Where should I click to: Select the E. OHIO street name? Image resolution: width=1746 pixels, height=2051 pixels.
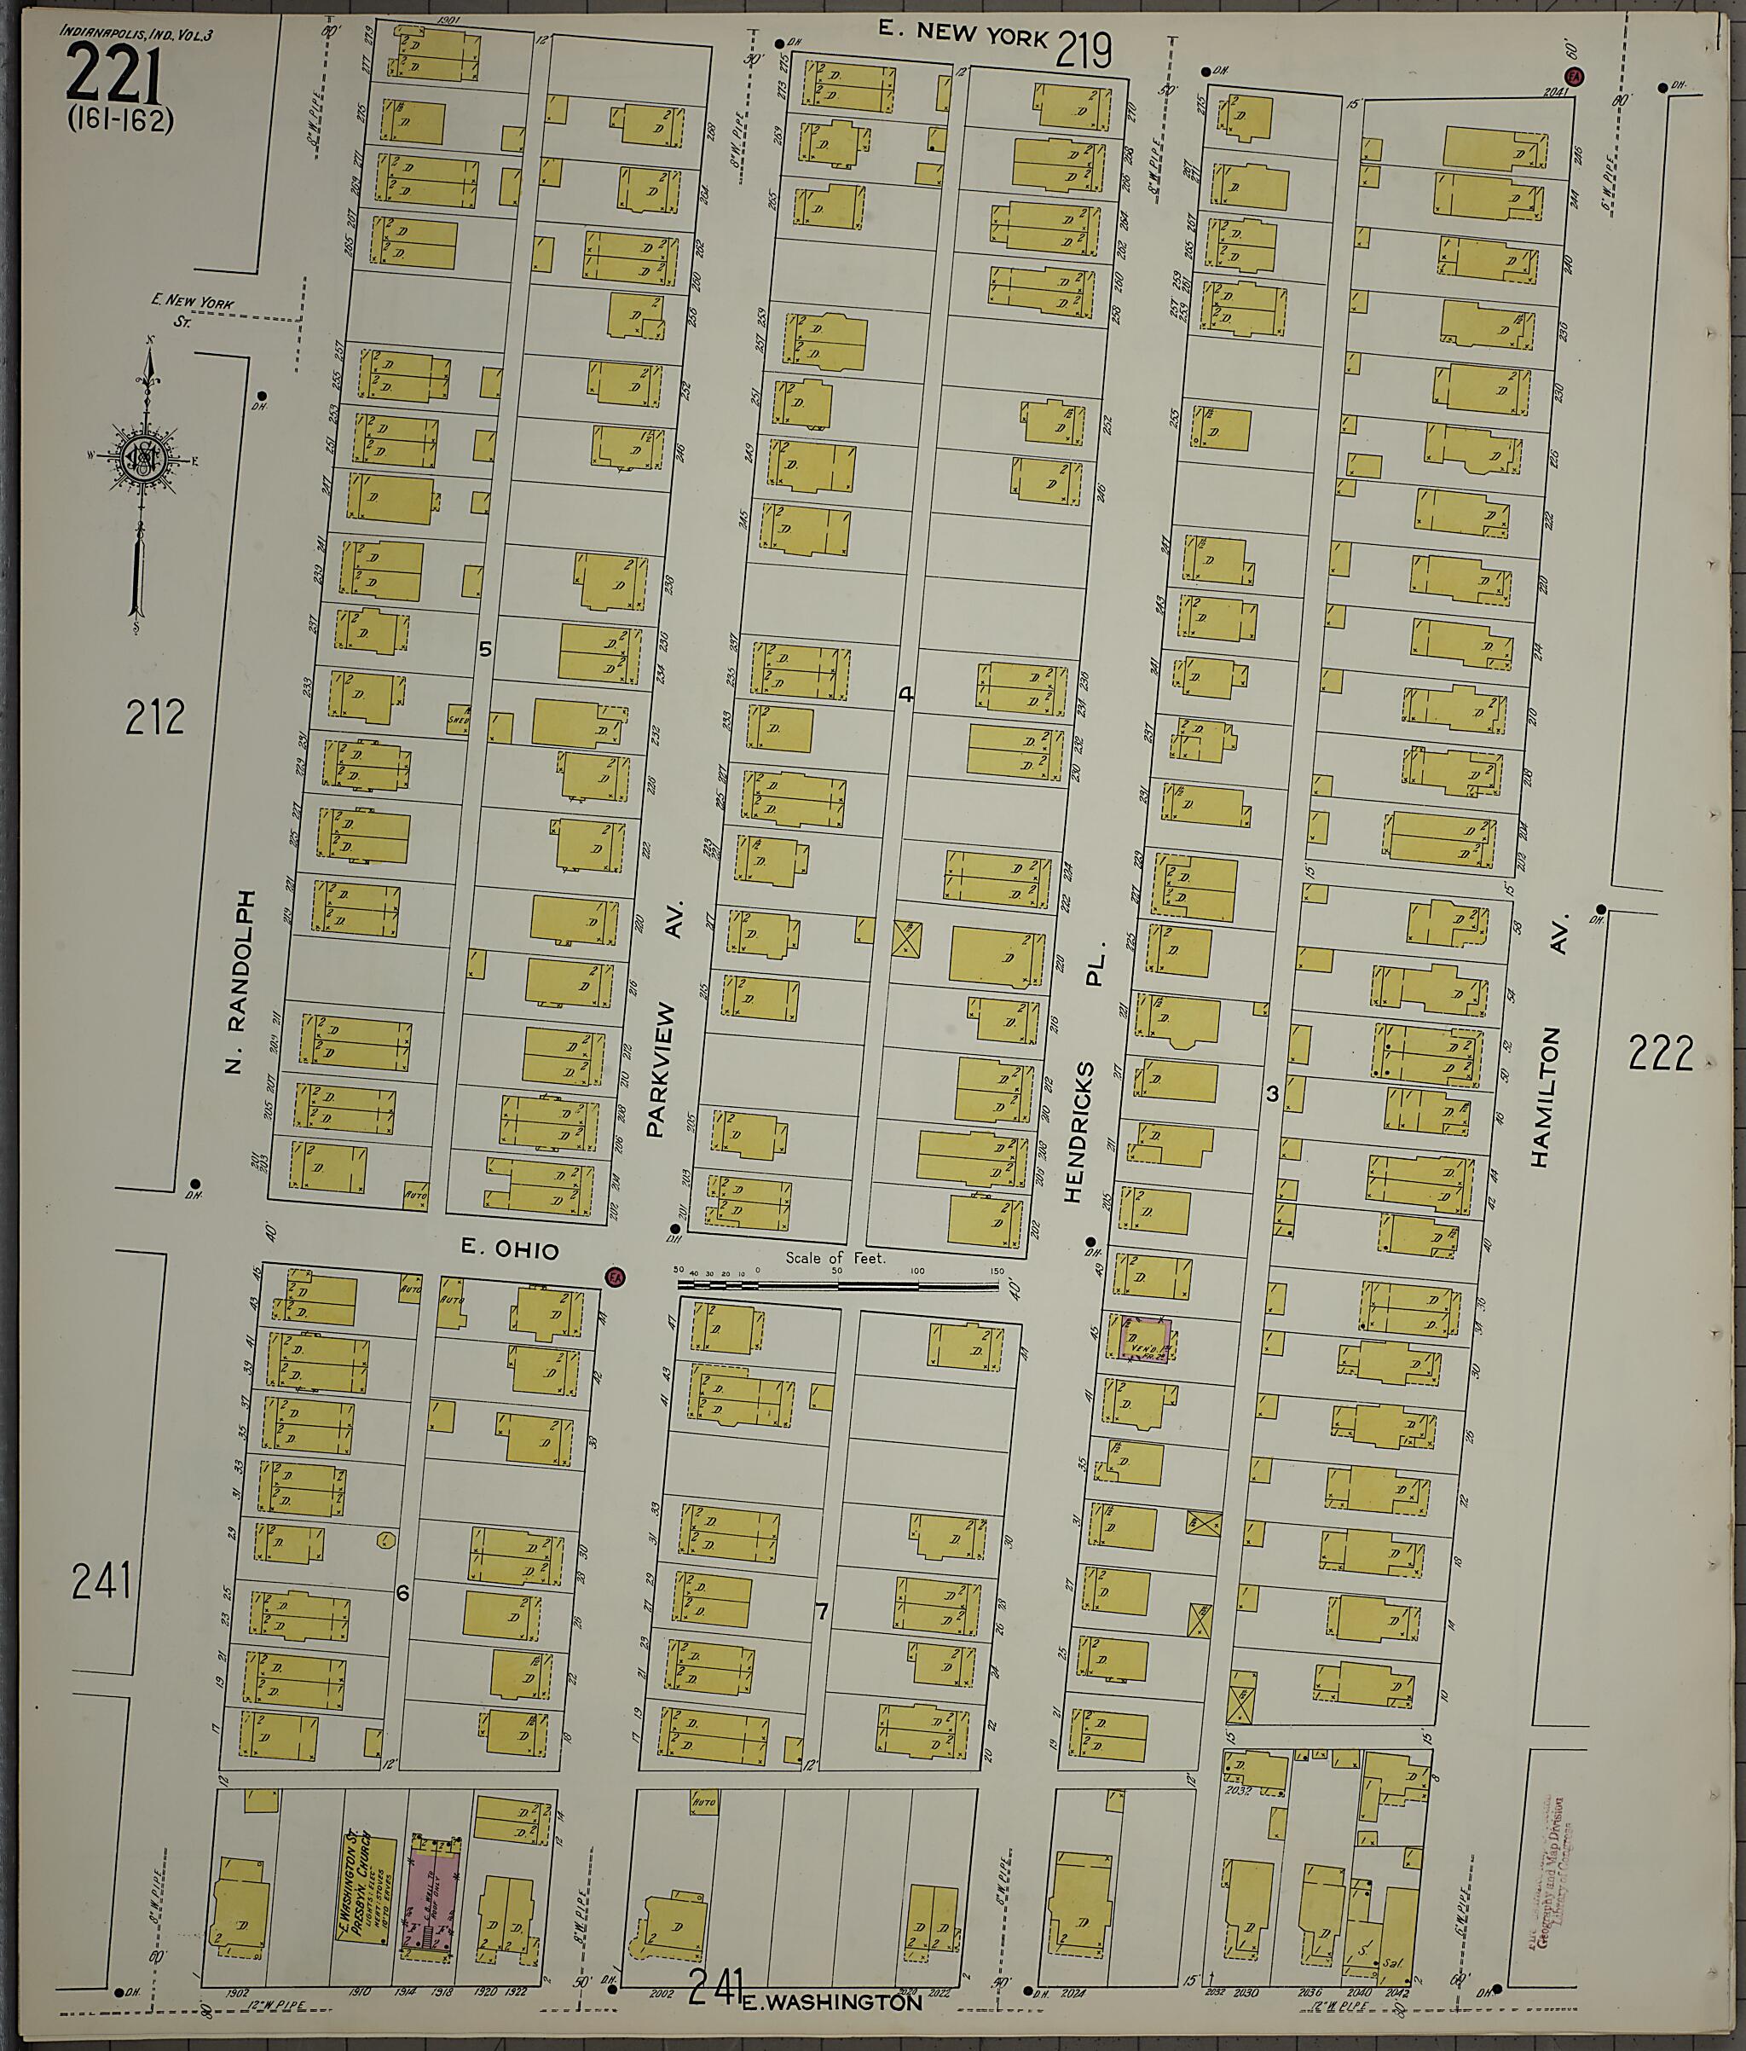pyautogui.click(x=510, y=1250)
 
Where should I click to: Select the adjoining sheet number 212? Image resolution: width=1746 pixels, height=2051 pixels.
pyautogui.click(x=154, y=718)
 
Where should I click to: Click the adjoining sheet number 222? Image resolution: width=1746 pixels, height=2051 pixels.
pyautogui.click(x=1660, y=1054)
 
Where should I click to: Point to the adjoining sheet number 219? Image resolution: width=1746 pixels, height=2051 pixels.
pyautogui.click(x=1084, y=49)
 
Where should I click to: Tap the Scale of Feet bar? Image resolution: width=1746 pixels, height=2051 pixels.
pyautogui.click(x=837, y=1286)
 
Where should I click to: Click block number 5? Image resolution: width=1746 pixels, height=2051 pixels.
pyautogui.click(x=485, y=649)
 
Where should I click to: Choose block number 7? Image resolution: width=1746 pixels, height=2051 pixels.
pyautogui.click(x=820, y=1612)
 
